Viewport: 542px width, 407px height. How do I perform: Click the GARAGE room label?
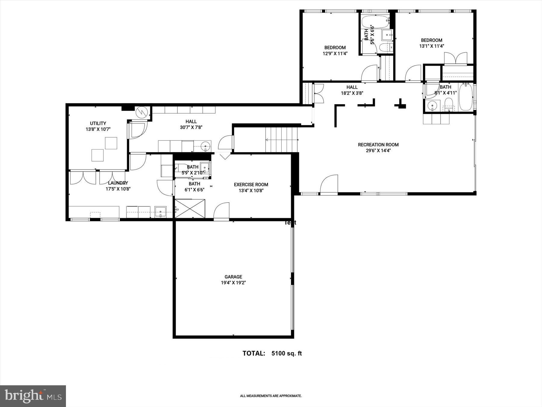233,277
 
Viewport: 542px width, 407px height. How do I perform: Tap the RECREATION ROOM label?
378,145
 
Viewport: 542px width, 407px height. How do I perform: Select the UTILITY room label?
98,123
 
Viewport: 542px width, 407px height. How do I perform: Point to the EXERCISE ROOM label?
251,185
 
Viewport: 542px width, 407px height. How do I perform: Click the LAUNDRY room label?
118,183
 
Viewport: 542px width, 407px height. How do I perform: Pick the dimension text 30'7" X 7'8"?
191,128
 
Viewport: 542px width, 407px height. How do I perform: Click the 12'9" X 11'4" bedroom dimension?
335,54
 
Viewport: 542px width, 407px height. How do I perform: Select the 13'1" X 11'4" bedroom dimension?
431,46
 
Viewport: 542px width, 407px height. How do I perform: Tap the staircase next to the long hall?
281,140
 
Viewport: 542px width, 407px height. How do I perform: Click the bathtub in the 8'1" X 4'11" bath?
466,97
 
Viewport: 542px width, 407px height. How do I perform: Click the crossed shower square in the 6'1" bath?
190,208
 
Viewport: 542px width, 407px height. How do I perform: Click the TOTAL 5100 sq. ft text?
272,353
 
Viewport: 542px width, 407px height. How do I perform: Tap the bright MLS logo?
33,396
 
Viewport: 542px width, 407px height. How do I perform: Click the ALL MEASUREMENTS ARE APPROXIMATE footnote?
270,396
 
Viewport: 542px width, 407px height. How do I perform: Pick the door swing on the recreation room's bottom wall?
329,185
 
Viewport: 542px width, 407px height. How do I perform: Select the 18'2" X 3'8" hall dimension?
352,93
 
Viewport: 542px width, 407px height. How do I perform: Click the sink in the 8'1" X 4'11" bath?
432,106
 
